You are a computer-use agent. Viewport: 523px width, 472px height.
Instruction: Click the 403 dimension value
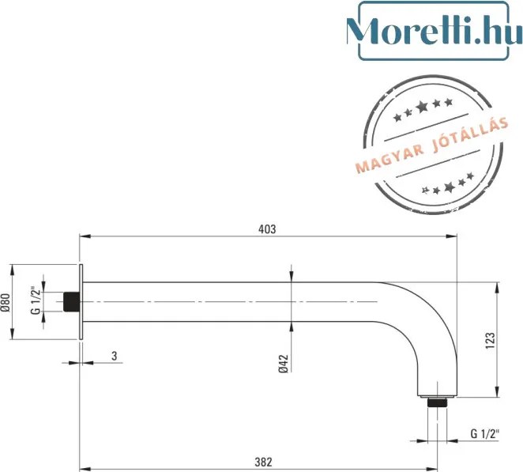[x=267, y=229]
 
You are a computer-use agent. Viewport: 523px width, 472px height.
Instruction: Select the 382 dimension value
[x=264, y=462]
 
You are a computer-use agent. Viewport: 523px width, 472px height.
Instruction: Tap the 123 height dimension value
[x=491, y=341]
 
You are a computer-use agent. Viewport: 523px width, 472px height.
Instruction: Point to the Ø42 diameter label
[x=283, y=364]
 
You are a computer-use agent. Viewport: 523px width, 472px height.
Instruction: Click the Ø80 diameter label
[x=6, y=303]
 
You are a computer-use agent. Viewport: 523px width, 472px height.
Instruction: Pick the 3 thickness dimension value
[x=115, y=356]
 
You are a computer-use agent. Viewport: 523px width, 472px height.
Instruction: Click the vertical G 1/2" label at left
[x=36, y=300]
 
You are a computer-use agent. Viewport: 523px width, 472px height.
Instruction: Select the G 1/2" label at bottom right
[x=485, y=433]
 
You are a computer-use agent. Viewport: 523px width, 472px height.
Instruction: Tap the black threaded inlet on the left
[x=72, y=302]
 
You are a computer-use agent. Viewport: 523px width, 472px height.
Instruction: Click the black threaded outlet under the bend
[x=437, y=402]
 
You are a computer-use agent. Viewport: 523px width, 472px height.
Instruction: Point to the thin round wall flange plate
[x=81, y=302]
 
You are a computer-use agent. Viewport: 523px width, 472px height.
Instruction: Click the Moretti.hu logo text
[x=435, y=31]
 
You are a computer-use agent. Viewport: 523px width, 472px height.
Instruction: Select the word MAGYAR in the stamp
[x=390, y=160]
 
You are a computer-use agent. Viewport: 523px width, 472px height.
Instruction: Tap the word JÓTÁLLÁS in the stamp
[x=471, y=134]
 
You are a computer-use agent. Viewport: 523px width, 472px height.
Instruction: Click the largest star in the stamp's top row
[x=422, y=107]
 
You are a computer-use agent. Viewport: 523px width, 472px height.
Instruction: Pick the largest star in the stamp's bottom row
[x=450, y=187]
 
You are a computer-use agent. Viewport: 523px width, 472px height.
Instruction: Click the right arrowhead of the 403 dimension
[x=452, y=236]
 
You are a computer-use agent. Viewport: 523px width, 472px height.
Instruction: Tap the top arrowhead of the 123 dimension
[x=497, y=288]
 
